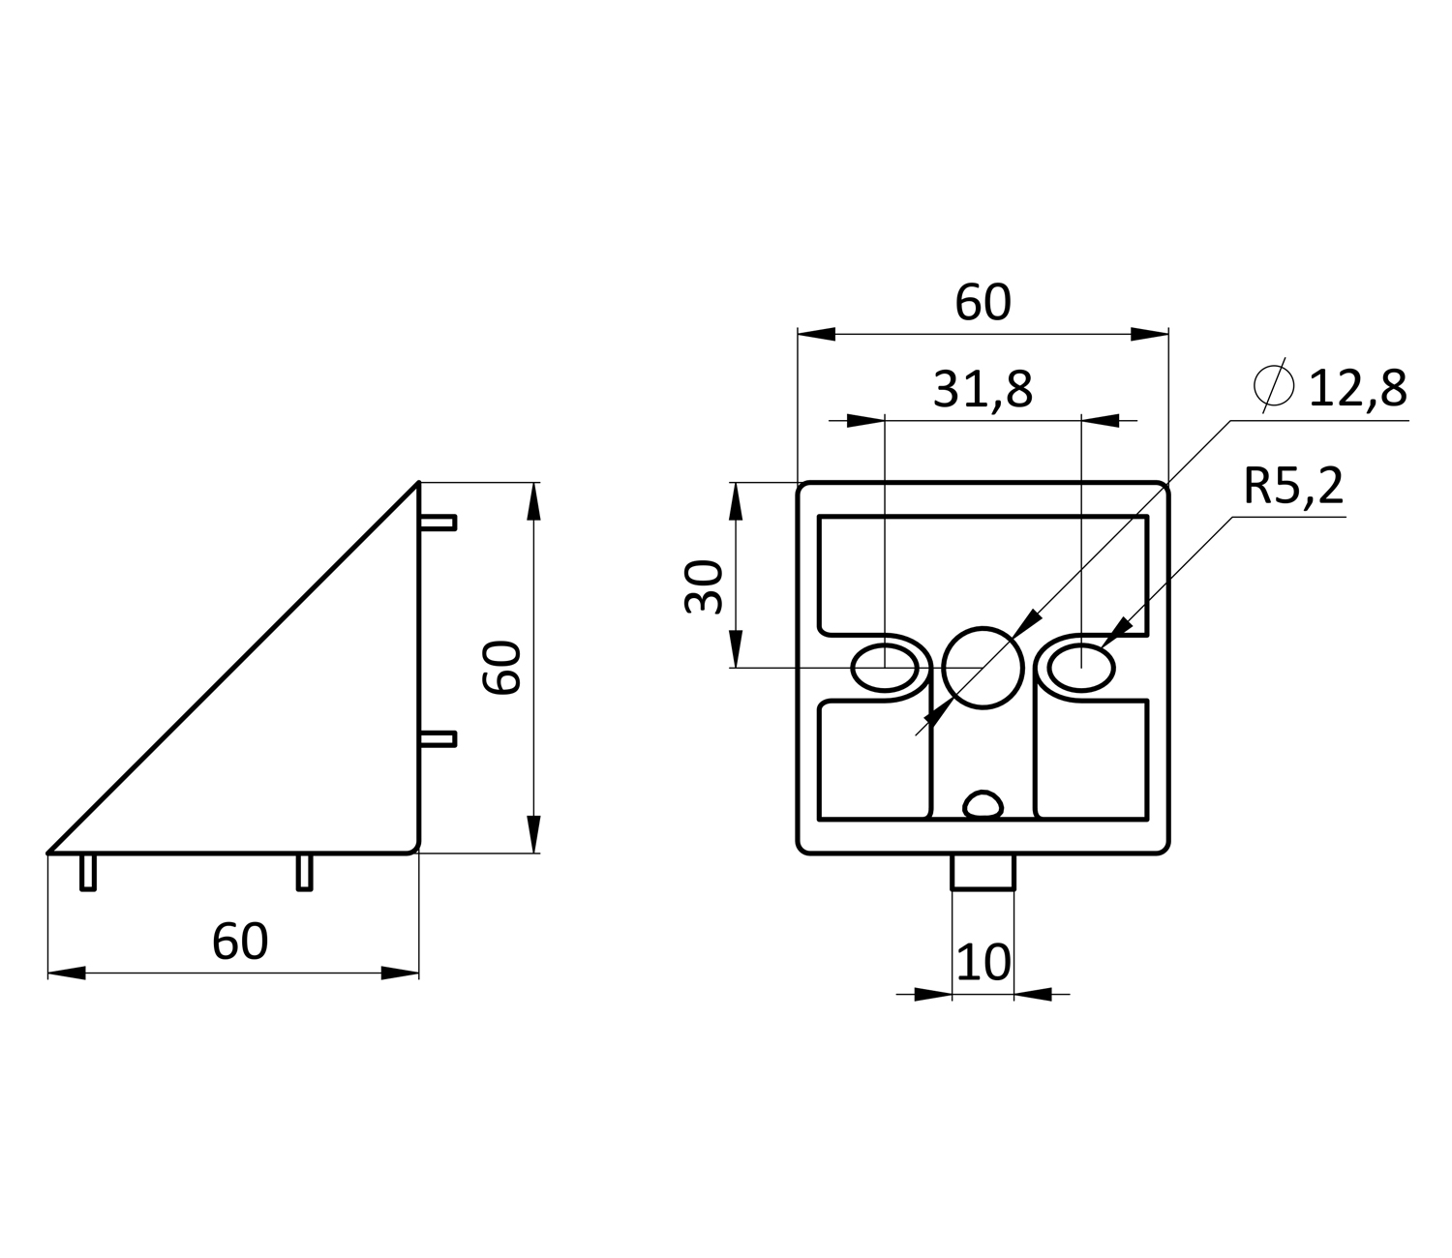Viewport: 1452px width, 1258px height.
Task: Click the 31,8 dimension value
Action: tap(983, 390)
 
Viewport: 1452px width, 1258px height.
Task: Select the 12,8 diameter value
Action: tap(1357, 388)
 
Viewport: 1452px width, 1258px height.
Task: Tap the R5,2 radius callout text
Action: tap(1293, 486)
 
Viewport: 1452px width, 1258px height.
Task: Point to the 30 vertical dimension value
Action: tap(703, 586)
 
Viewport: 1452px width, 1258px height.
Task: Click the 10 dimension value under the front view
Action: tap(983, 962)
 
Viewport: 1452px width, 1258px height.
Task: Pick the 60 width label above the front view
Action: tap(983, 303)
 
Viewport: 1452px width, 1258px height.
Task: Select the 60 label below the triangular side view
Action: tap(239, 942)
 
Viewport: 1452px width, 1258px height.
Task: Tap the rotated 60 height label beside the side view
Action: tap(502, 668)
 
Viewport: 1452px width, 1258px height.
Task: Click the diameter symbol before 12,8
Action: tap(1274, 385)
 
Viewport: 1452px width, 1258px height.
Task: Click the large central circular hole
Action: tap(983, 668)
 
